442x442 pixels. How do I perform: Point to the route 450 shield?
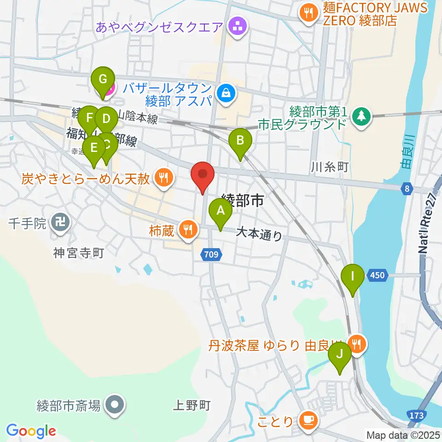point(377,275)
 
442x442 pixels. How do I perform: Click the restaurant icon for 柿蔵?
point(188,229)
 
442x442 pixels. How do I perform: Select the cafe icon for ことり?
point(307,420)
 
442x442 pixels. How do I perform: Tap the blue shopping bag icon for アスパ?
point(227,93)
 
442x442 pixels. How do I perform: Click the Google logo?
point(31,431)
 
